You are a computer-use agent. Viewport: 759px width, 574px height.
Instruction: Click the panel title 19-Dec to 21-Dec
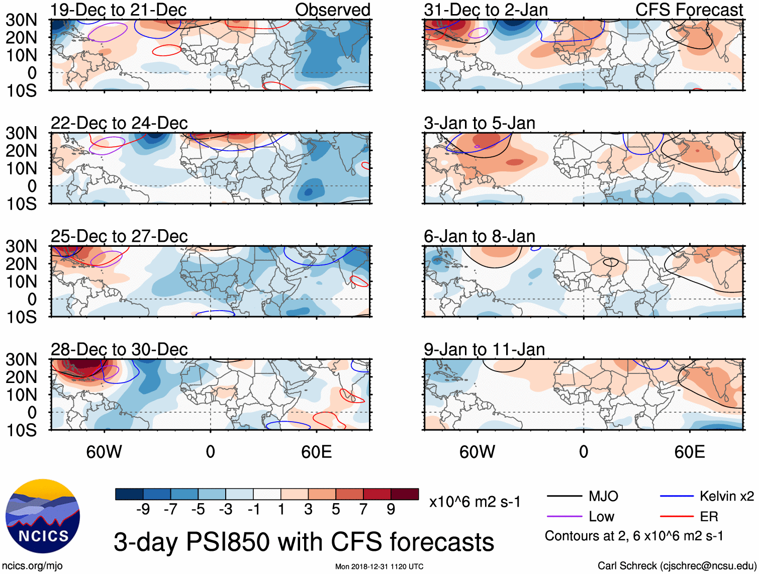point(119,10)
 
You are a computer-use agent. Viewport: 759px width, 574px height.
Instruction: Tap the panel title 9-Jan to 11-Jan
point(484,349)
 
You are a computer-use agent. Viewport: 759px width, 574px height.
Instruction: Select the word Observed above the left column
point(332,10)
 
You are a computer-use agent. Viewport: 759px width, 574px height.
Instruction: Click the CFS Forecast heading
point(689,10)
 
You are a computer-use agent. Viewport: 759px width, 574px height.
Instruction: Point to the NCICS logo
point(43,516)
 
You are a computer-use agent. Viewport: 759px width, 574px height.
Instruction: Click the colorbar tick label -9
point(143,510)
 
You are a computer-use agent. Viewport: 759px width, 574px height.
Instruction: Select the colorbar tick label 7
point(363,510)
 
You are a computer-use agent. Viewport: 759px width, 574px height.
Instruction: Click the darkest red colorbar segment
point(405,494)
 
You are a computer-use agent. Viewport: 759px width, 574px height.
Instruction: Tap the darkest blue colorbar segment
point(129,494)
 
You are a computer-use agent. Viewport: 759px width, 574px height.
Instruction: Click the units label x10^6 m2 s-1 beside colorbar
point(475,502)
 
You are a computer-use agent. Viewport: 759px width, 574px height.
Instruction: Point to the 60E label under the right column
point(689,452)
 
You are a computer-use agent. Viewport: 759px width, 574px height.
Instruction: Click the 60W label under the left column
point(104,452)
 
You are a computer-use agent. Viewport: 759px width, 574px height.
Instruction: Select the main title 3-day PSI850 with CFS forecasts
point(304,542)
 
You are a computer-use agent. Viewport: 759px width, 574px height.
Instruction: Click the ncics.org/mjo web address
point(32,566)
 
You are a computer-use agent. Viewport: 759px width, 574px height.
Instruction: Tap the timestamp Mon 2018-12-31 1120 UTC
point(379,566)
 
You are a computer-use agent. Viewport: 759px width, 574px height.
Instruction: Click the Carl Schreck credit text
point(677,566)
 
